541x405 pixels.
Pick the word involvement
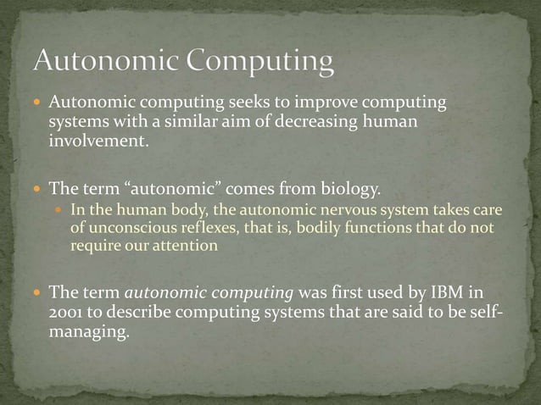pyautogui.click(x=98, y=141)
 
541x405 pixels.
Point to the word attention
pyautogui.click(x=188, y=247)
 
